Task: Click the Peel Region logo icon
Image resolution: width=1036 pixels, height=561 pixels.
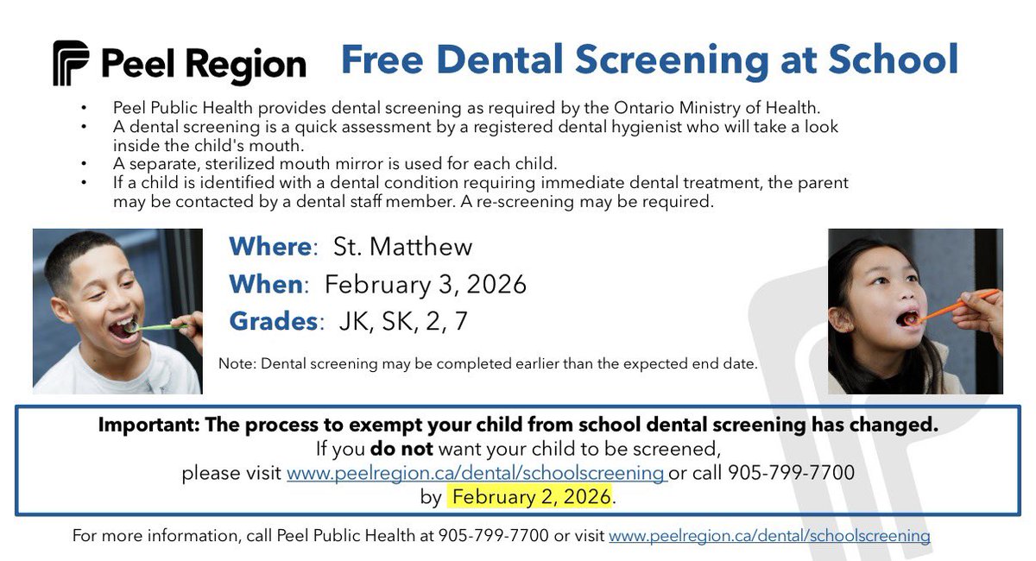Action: (x=71, y=63)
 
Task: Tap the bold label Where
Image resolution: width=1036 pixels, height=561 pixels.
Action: (x=269, y=247)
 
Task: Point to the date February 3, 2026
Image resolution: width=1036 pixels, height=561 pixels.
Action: (x=425, y=284)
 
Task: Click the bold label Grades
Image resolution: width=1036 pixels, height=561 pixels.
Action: (x=273, y=321)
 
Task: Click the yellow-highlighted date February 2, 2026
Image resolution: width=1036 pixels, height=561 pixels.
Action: (x=531, y=496)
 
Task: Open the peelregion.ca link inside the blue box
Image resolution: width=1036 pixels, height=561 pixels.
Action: (x=476, y=473)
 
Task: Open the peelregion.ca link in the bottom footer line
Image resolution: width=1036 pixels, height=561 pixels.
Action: (x=769, y=536)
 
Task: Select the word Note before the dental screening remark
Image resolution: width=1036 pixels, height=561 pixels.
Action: (x=236, y=364)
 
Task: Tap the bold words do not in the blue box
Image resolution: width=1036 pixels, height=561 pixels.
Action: (x=402, y=449)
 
